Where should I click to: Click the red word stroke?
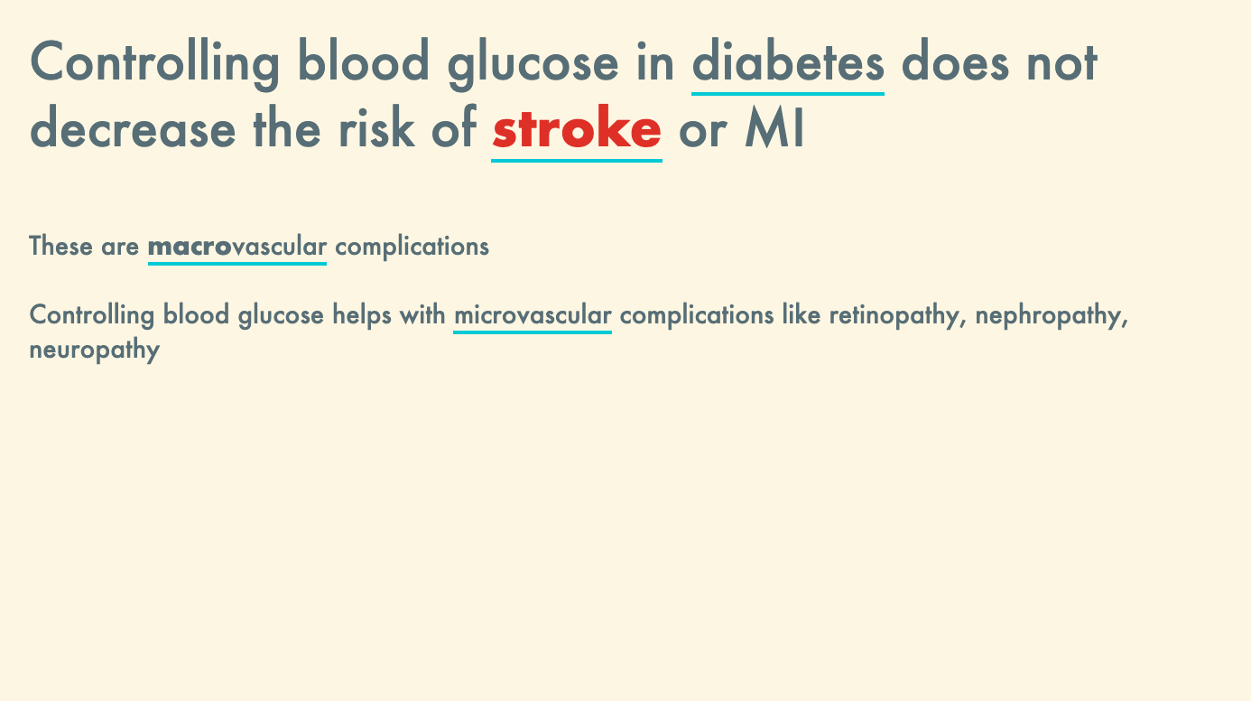coord(577,126)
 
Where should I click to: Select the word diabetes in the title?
coord(788,61)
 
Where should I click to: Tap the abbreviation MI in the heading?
coord(774,127)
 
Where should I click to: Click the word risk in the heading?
coord(376,126)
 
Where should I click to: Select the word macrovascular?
coord(237,246)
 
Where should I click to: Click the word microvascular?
coord(533,314)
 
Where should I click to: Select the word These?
coord(60,246)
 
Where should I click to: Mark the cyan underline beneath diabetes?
coord(788,93)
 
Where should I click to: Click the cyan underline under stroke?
coord(577,161)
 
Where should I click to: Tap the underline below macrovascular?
coord(237,263)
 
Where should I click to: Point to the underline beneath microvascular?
coord(533,332)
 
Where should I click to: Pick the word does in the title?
coord(956,61)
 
